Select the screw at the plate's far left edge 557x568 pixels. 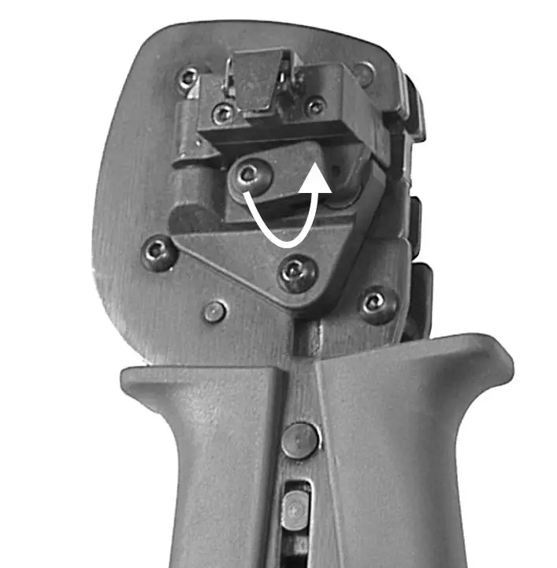pyautogui.click(x=158, y=253)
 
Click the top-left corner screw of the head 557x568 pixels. pyautogui.click(x=188, y=78)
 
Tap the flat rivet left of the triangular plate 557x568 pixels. pyautogui.click(x=214, y=311)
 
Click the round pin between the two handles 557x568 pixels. pyautogui.click(x=300, y=440)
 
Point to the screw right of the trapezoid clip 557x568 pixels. pyautogui.click(x=315, y=106)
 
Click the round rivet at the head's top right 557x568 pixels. pyautogui.click(x=362, y=74)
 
